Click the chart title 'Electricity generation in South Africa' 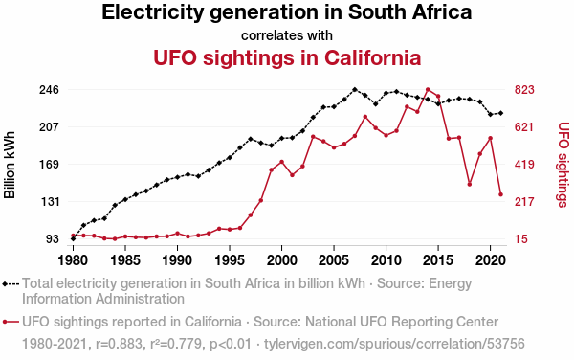point(287,12)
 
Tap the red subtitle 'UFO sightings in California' point(287,57)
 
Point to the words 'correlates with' point(287,35)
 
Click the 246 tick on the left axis point(49,90)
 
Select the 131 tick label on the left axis point(49,201)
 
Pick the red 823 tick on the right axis point(524,90)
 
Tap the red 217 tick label point(524,201)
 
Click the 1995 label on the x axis point(230,260)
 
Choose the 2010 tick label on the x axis point(386,260)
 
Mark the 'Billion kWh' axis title point(10,165)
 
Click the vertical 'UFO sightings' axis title point(563,165)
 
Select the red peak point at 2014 point(428,89)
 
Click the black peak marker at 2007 point(354,89)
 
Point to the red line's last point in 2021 point(500,194)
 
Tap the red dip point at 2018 point(470,184)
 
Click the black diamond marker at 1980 point(74,238)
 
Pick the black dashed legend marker point(11,283)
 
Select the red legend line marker point(11,322)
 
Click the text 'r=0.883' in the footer point(119,344)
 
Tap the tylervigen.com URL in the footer point(394,344)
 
